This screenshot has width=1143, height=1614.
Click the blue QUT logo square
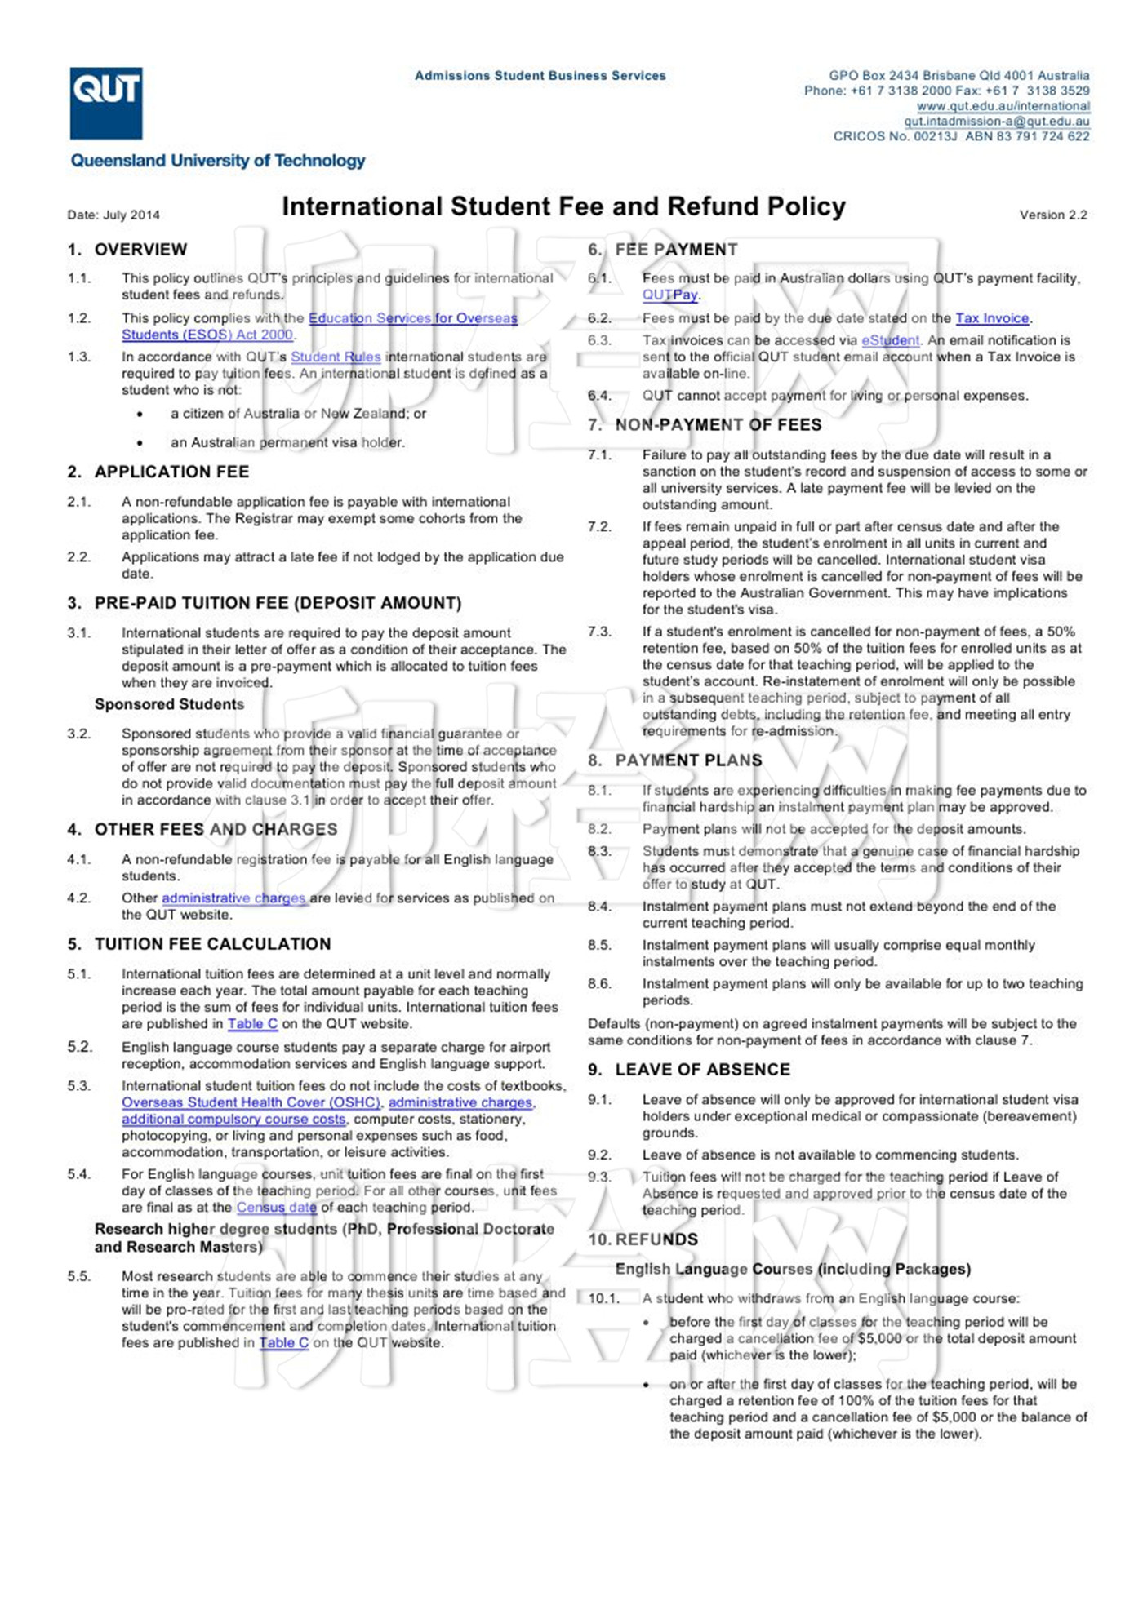[106, 103]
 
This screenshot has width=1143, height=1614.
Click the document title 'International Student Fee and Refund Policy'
[563, 206]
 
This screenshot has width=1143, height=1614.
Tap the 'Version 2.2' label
[1053, 215]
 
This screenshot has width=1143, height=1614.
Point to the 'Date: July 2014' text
[113, 215]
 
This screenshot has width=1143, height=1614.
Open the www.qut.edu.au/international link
[1003, 106]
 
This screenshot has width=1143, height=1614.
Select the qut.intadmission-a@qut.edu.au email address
[996, 122]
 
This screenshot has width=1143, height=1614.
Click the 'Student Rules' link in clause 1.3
[336, 357]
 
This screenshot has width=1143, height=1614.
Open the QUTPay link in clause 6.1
[670, 295]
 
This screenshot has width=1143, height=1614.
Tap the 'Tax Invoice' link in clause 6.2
[992, 318]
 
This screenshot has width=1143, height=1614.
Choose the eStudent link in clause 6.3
[891, 340]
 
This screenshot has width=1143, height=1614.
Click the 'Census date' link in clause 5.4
[276, 1208]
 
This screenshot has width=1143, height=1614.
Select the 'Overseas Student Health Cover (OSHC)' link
[251, 1102]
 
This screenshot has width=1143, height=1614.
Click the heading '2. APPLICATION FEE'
[158, 472]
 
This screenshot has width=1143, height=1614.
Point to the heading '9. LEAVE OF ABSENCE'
[689, 1070]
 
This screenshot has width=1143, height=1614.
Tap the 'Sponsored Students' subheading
[169, 704]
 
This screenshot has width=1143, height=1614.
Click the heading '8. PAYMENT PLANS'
[675, 760]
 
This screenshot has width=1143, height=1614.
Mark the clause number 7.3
[599, 632]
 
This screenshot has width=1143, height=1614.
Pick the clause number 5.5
[79, 1276]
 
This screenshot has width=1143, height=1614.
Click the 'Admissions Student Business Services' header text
[540, 76]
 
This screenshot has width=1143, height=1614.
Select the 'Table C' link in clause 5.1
[252, 1024]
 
